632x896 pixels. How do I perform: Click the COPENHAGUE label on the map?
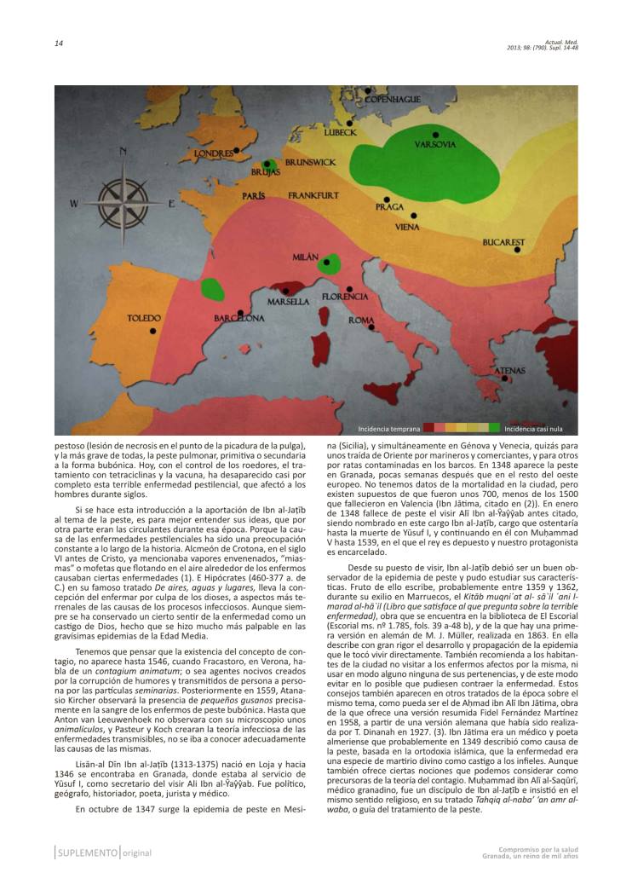click(x=393, y=100)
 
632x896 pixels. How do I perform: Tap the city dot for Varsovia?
click(x=435, y=135)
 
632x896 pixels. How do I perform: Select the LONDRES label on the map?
click(x=213, y=154)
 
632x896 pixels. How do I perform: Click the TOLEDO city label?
click(x=144, y=318)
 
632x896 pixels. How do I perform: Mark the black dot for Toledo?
click(x=153, y=331)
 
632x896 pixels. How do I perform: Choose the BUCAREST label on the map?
click(x=503, y=242)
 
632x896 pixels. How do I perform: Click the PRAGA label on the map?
click(x=389, y=207)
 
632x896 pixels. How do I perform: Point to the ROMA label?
click(x=361, y=321)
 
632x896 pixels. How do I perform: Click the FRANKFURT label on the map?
click(x=313, y=196)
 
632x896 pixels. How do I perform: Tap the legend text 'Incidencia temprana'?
click(x=388, y=429)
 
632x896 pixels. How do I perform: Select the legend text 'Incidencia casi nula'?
click(x=534, y=429)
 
